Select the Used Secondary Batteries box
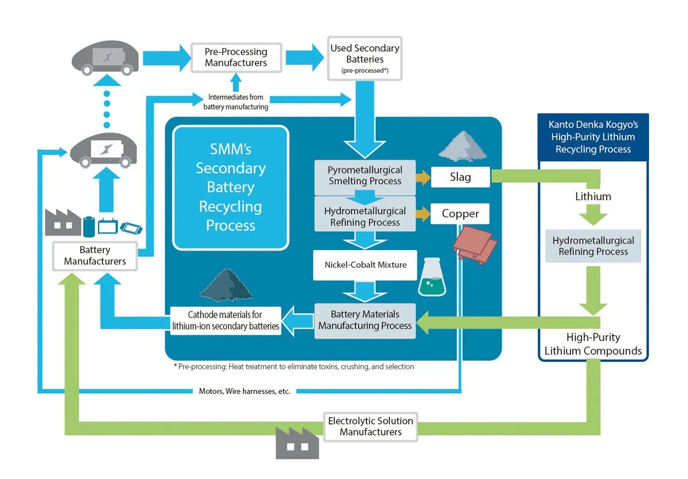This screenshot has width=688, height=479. pos(365,58)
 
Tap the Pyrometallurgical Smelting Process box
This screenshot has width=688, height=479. pos(365,176)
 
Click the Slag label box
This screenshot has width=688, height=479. pos(460,177)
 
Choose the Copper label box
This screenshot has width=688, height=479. pos(460,214)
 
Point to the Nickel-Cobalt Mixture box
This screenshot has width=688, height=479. pos(365,264)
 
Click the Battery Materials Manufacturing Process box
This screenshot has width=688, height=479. pos(365,320)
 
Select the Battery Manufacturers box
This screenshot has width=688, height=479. pos(95,256)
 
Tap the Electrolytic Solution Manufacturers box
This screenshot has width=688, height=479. pos(370,426)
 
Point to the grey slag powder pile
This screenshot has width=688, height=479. pos(463,144)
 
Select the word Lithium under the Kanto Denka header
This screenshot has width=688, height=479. pos(593,196)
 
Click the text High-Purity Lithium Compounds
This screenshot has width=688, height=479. pos(593,344)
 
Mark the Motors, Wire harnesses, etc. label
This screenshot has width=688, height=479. pos(244,391)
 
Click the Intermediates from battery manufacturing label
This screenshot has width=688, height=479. pos(236,102)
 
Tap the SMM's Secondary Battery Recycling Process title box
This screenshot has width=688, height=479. pos(230,187)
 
